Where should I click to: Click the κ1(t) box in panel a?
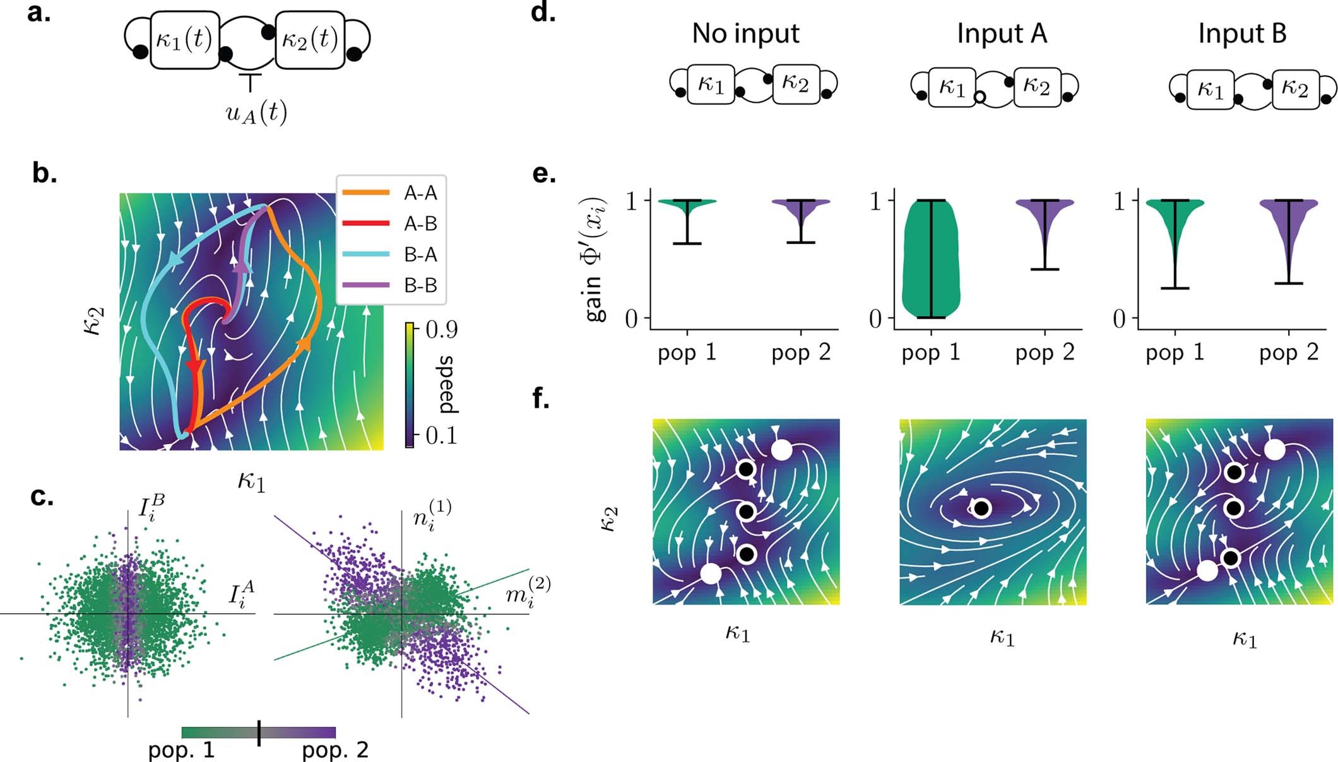184,40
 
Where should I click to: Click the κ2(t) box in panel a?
309,40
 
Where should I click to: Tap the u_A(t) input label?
256,114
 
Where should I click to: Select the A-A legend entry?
420,193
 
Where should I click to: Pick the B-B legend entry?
420,285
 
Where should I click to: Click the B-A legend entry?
420,254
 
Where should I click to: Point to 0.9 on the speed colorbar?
441,329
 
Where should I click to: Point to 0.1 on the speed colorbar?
441,435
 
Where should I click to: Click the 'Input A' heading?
1002,33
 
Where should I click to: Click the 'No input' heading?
745,33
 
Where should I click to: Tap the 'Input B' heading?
1242,33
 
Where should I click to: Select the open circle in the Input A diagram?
979,97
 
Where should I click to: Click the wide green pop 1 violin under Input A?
930,259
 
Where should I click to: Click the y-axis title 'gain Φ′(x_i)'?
596,259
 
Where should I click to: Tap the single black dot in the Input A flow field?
981,508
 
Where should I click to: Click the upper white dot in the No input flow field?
781,450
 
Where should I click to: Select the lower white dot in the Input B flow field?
1207,570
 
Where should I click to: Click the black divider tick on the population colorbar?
259,733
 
